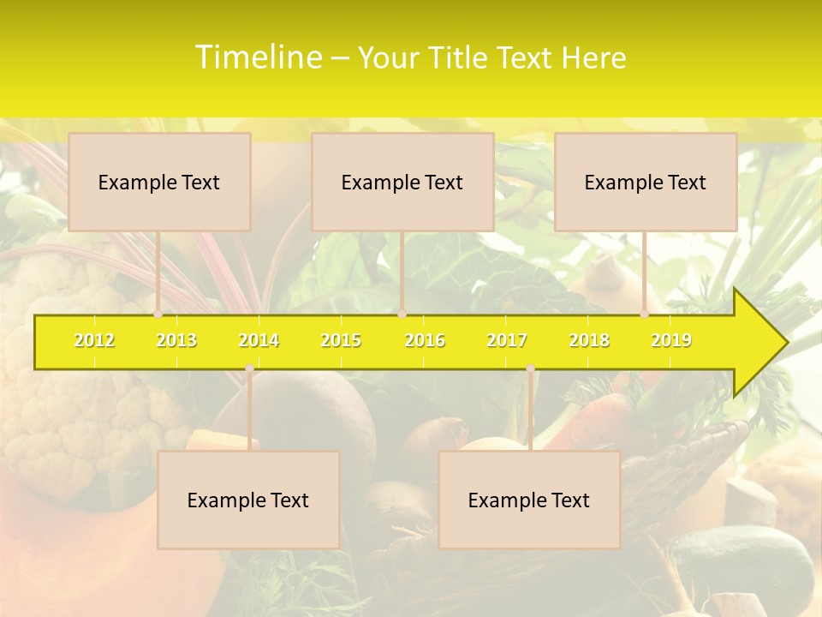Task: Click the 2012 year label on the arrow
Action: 94,340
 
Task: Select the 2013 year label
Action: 176,340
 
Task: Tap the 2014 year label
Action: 259,340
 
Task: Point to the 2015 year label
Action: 341,340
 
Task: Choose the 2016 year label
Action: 425,340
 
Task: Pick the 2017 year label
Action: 507,340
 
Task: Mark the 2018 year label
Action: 589,340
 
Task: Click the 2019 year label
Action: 671,340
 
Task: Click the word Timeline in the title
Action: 258,57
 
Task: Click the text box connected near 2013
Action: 159,182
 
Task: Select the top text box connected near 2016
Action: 402,182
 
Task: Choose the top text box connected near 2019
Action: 646,182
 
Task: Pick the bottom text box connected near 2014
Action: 248,500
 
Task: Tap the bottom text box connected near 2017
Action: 529,500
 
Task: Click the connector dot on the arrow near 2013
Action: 158,314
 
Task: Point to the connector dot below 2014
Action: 249,368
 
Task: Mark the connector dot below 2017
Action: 530,368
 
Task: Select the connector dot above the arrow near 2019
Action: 645,314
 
